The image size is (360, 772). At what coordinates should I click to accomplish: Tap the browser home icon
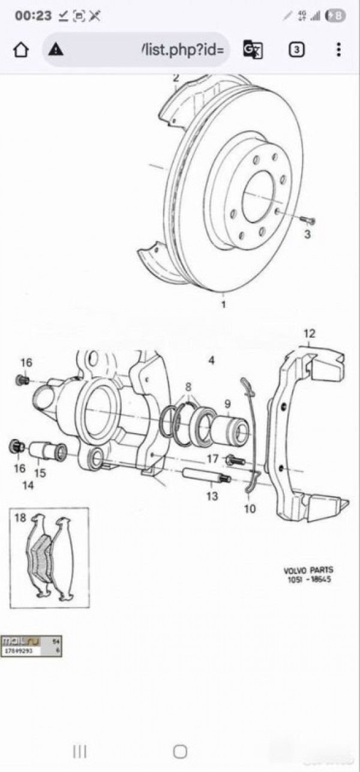coord(21,49)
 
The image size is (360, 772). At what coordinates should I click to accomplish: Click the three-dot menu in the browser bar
coord(339,49)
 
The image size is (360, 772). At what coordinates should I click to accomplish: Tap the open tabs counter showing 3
coord(296,49)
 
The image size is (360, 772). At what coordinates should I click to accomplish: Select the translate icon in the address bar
coord(253,49)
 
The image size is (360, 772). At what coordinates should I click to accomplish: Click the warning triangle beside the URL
coord(56,49)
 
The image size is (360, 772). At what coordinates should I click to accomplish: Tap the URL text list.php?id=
coord(182,49)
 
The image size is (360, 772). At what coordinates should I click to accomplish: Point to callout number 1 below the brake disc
coord(224,305)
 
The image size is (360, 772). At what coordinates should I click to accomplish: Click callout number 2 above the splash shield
coord(176,77)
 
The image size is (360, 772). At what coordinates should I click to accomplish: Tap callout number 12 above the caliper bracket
coord(309,334)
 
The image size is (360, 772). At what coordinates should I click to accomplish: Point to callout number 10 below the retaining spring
coord(250,509)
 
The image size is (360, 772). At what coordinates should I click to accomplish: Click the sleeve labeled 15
coord(47,450)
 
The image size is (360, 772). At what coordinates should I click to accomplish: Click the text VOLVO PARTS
coord(308,570)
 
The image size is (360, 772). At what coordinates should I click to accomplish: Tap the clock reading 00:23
coord(33,16)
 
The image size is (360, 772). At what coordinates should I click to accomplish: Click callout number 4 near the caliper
coord(211,360)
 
